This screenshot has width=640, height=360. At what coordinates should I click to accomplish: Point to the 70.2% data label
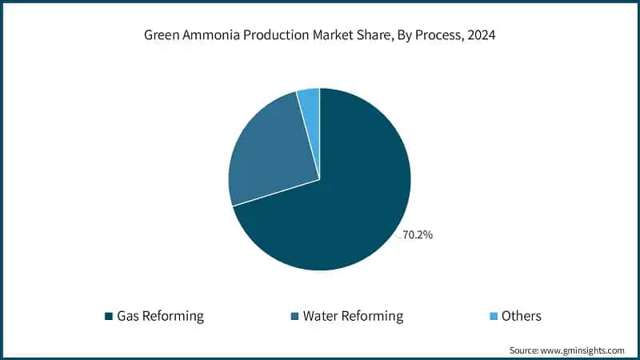click(418, 236)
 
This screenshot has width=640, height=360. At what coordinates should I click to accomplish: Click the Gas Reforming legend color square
click(109, 316)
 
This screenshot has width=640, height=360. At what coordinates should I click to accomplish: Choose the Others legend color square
click(493, 316)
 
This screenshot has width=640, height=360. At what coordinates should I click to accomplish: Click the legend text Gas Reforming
click(160, 316)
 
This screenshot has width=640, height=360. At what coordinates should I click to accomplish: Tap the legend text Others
click(522, 316)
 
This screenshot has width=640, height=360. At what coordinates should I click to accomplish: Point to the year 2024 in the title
click(481, 36)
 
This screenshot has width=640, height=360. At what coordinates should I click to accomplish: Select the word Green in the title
click(161, 36)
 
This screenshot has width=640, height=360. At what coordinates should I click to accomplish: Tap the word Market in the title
click(321, 36)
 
